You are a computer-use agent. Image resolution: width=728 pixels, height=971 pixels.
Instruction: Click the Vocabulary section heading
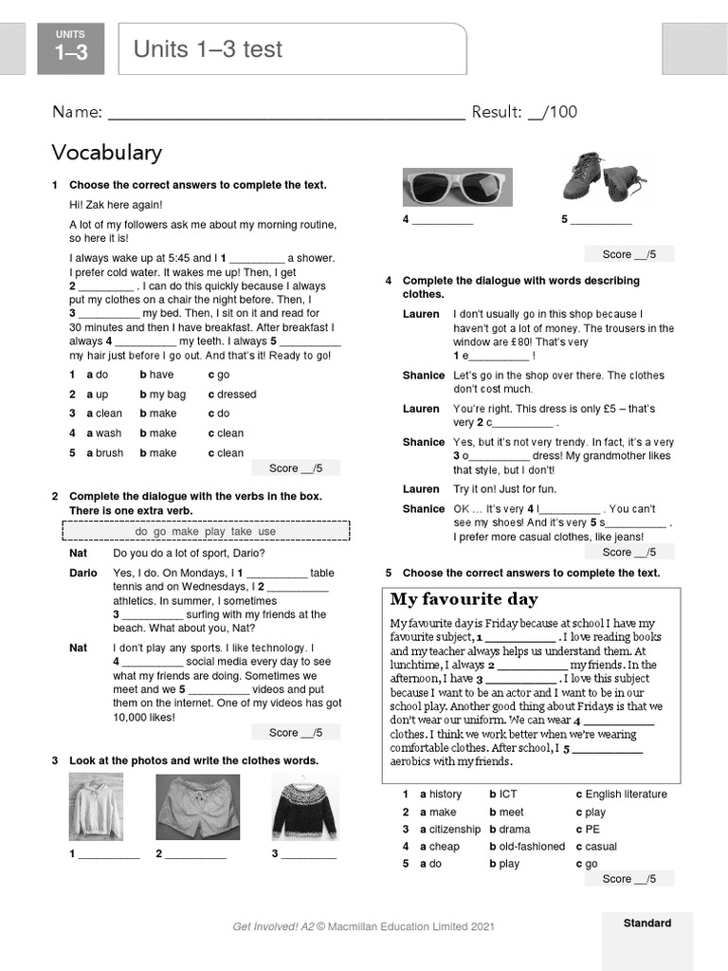[106, 153]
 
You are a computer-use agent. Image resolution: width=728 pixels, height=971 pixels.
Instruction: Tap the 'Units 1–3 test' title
[208, 49]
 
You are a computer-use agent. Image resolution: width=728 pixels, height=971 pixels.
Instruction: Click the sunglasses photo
[457, 188]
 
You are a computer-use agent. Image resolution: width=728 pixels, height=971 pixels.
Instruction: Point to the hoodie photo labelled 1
[96, 808]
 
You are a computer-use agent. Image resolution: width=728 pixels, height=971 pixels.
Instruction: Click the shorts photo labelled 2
[197, 808]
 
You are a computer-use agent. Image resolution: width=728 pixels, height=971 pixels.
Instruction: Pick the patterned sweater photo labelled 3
[305, 807]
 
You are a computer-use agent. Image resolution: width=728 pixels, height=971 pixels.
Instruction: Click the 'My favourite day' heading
[464, 599]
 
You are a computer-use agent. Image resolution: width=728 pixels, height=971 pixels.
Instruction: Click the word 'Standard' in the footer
[646, 923]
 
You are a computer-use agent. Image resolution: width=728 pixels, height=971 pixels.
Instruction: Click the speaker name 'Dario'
[83, 574]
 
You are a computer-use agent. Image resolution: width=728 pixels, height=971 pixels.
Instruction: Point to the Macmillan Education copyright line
[363, 926]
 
